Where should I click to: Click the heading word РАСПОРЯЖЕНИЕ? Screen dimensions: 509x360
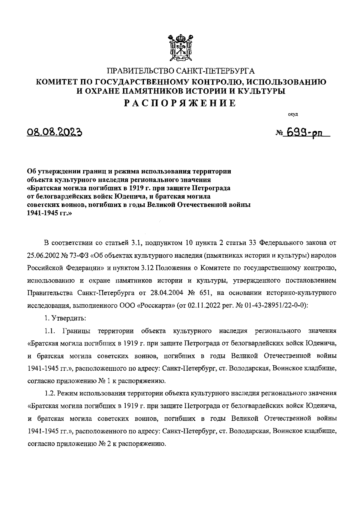point(180,103)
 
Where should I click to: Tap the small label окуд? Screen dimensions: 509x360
point(292,114)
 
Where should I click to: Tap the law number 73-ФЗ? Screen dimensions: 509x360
point(80,256)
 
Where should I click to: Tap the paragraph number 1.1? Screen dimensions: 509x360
point(50,331)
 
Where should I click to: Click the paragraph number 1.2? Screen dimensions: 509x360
point(50,393)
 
